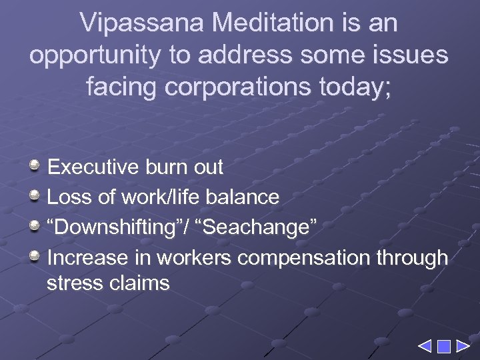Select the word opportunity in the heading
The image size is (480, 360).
95,55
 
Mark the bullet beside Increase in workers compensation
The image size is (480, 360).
36,257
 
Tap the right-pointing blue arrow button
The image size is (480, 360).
463,347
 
